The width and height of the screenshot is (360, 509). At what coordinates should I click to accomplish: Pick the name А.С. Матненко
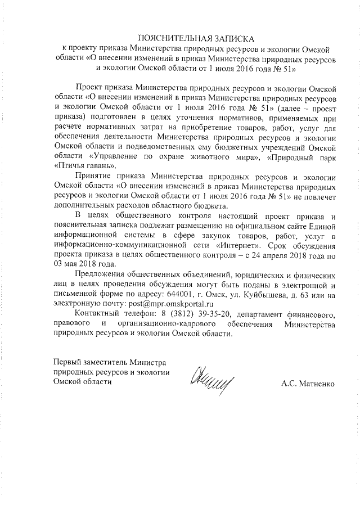click(x=308, y=384)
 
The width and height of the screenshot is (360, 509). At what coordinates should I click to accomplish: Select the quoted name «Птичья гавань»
click(x=85, y=166)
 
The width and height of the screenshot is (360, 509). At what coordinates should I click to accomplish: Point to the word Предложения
click(x=103, y=274)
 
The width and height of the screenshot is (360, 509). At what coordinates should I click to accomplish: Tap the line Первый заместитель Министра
click(x=110, y=362)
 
